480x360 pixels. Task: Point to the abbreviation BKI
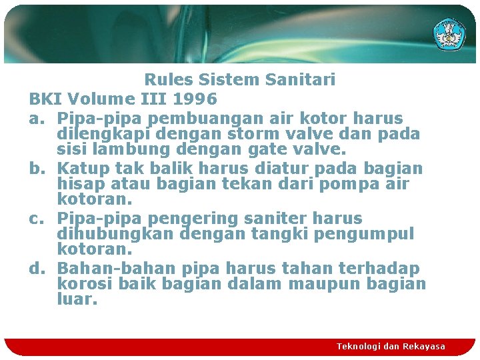(45, 99)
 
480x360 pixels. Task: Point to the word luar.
(77, 300)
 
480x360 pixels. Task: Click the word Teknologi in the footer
(360, 347)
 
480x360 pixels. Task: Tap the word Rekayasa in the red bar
(424, 347)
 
